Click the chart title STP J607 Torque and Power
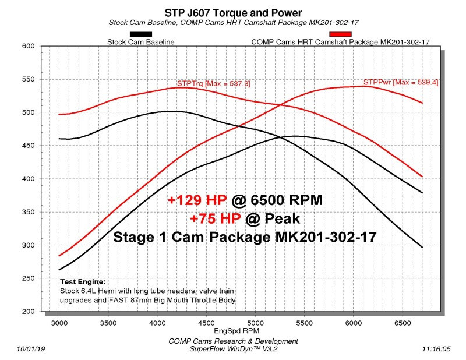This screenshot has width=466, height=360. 233,12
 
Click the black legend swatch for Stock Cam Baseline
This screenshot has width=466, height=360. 141,34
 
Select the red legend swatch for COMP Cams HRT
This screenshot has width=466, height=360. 340,34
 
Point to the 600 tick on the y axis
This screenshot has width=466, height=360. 29,46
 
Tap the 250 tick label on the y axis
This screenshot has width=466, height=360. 29,278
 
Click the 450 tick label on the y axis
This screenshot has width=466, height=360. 29,146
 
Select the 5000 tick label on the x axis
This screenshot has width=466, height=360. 255,321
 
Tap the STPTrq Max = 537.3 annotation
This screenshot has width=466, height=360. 213,84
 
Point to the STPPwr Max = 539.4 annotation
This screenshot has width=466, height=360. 401,83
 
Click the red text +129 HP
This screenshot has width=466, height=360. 196,201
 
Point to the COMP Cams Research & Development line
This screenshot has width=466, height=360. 233,341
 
